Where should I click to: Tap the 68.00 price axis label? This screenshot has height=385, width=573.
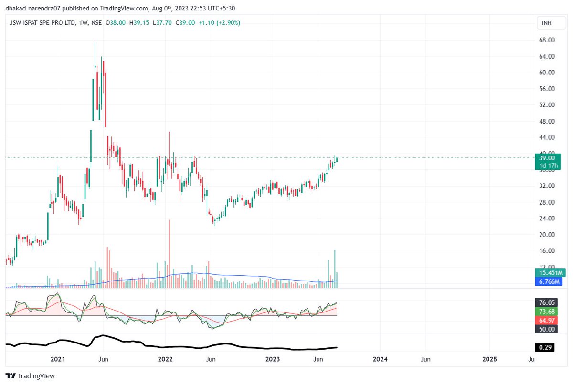[x=546, y=40]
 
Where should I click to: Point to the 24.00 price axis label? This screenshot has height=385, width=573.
[x=546, y=219]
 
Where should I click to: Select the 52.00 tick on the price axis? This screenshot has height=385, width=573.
[x=546, y=105]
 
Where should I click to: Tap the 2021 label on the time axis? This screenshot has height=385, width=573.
[x=57, y=358]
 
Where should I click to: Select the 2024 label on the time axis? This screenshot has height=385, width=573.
[x=380, y=358]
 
